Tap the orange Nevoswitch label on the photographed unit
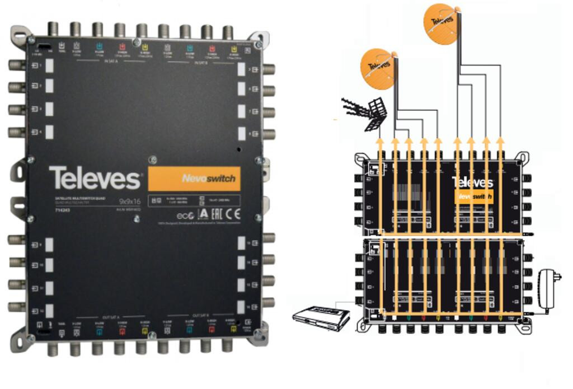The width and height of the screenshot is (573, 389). click(x=194, y=179)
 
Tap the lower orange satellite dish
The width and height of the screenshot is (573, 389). click(x=378, y=68)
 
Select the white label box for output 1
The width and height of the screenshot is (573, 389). click(x=49, y=65)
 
